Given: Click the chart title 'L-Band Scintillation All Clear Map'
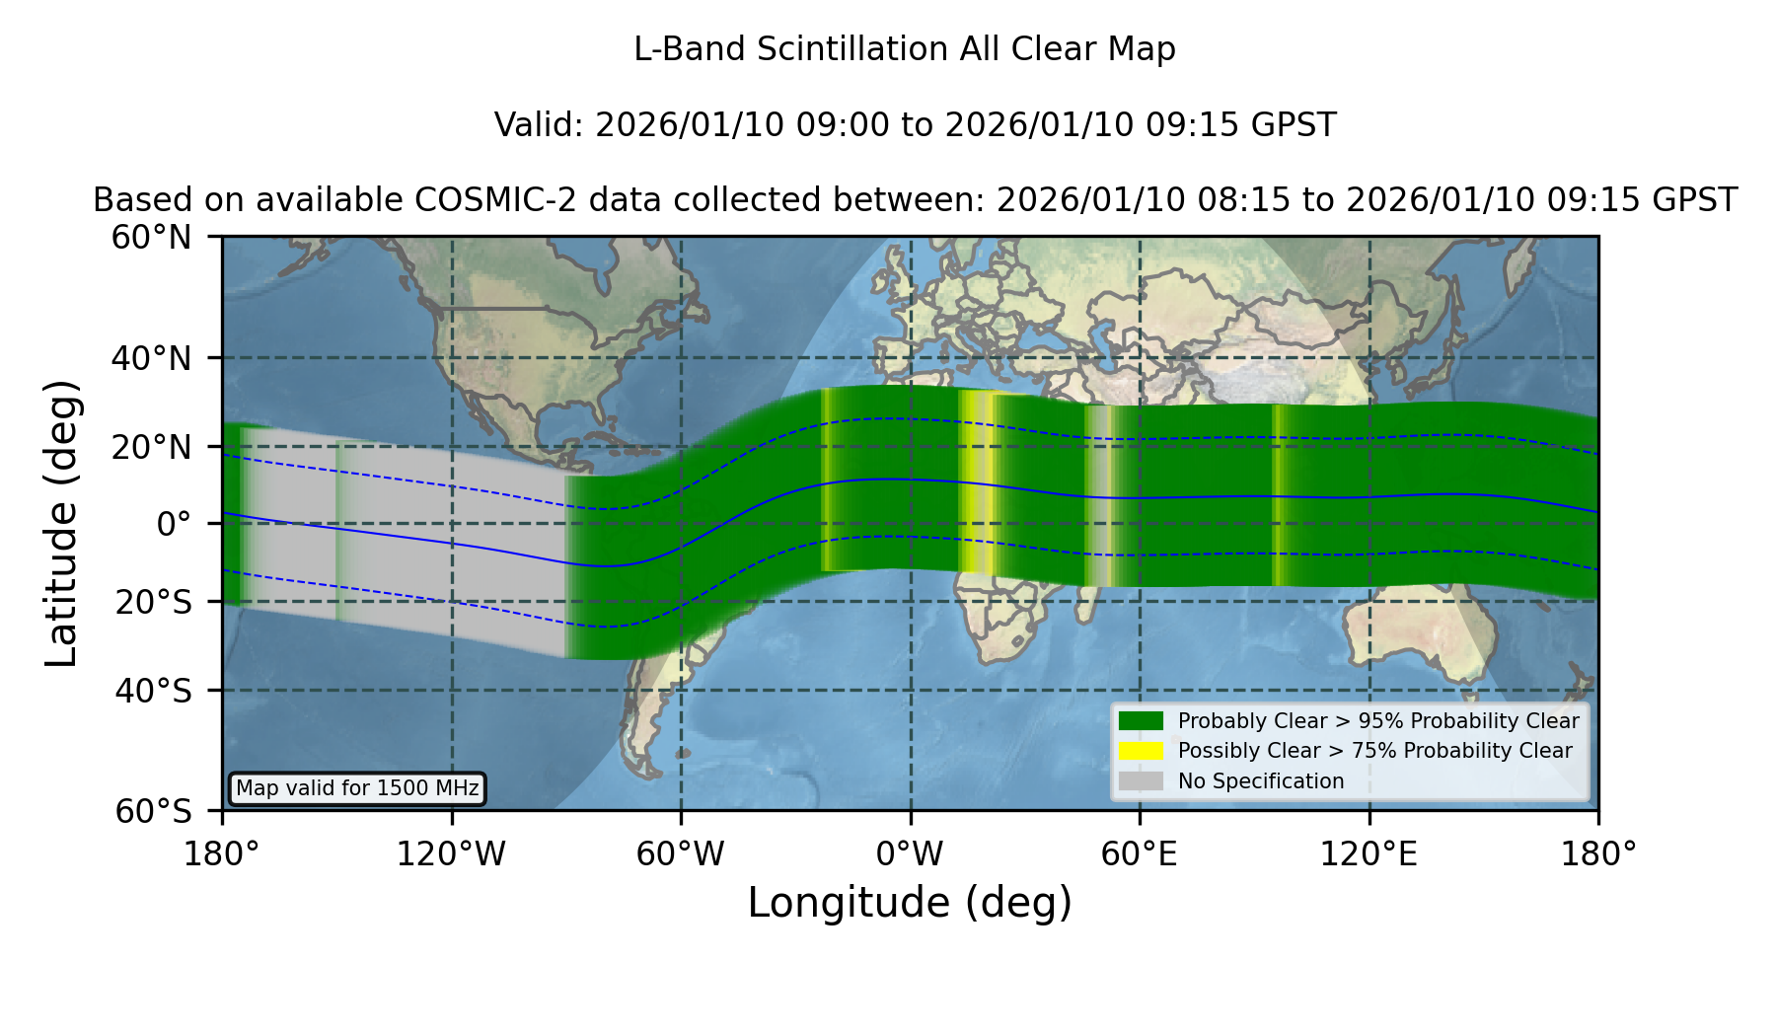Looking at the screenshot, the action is point(905,49).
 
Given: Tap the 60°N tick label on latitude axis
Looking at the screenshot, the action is point(152,238).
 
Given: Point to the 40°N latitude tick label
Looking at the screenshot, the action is point(152,358).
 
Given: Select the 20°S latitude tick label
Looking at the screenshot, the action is point(154,602).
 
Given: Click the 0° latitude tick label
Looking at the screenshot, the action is point(174,524).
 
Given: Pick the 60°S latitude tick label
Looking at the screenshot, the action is point(154,812).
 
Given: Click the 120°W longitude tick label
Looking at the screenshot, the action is point(451,854).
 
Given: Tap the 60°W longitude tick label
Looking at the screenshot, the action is point(681,854).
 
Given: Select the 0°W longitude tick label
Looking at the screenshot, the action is point(910,854).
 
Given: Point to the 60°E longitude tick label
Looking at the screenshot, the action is point(1140,854).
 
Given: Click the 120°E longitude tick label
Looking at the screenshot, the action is point(1369,854).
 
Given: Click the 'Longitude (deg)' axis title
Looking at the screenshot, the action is point(910,903).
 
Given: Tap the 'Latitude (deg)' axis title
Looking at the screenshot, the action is point(61,523).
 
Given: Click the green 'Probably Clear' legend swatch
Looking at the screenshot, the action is point(1141,721).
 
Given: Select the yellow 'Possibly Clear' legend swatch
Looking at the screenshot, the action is point(1141,751).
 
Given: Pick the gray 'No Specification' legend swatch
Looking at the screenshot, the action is point(1141,781).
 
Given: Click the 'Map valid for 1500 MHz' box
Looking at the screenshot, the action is point(357,788).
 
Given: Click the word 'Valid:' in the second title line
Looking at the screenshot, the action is point(540,125).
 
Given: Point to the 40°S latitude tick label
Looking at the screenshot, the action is point(154,691).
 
